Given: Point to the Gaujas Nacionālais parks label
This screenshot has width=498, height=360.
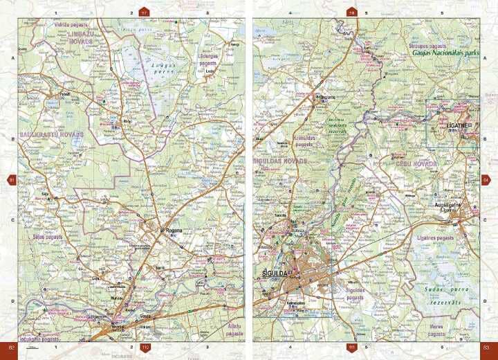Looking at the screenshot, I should [445, 52].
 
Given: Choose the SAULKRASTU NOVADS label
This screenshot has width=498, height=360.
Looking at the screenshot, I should [52, 133].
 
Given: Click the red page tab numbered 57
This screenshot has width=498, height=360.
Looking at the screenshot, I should [144, 12].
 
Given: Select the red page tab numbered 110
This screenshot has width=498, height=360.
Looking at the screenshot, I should [145, 347].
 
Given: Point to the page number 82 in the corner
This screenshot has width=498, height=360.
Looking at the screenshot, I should [11, 347].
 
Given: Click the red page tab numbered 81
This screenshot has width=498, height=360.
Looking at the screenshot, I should [11, 180].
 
